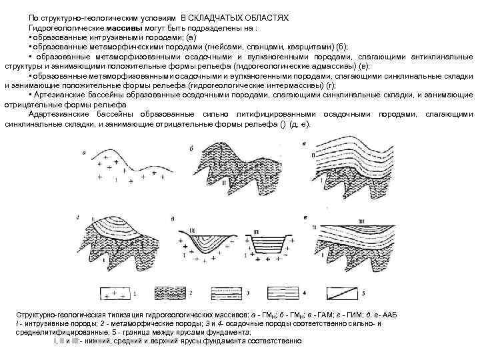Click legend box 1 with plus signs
point(115,293)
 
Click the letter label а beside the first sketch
point(85,152)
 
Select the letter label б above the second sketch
point(192,147)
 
